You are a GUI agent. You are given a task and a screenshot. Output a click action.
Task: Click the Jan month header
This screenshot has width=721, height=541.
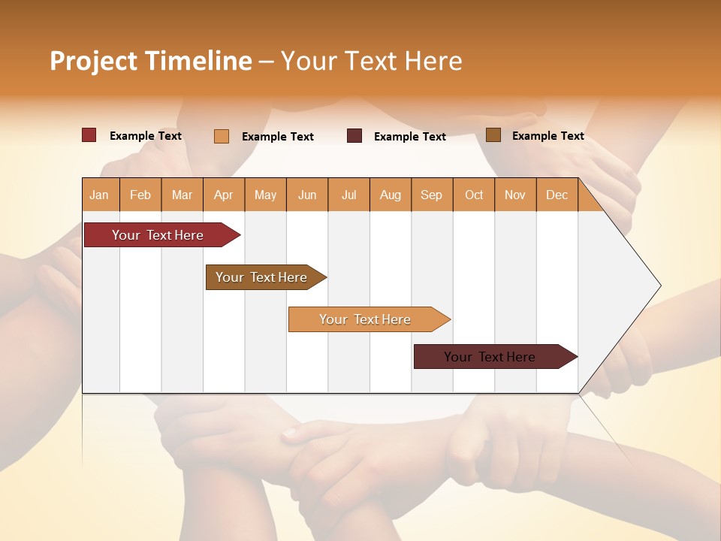click(x=99, y=195)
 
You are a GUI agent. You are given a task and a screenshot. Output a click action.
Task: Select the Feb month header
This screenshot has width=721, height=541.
click(x=140, y=195)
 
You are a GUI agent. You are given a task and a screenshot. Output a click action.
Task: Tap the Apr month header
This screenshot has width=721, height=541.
click(x=223, y=195)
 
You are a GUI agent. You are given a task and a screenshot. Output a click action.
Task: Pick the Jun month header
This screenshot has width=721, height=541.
click(x=307, y=195)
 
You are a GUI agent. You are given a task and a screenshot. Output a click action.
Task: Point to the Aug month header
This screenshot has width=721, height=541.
click(x=390, y=195)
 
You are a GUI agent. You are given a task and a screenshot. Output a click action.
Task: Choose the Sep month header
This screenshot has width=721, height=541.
click(x=431, y=195)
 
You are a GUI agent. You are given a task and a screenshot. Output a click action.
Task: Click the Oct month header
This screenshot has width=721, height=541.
click(x=474, y=195)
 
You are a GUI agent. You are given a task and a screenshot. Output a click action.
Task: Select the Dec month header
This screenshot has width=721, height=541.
click(x=557, y=195)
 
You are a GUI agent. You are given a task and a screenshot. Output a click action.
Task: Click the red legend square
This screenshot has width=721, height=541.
click(x=89, y=135)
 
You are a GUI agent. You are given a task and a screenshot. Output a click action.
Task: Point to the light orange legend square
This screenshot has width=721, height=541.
click(x=222, y=136)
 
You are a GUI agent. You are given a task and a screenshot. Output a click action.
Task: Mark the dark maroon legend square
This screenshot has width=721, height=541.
click(x=354, y=135)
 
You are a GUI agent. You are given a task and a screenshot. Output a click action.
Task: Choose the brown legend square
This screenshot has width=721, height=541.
click(x=493, y=135)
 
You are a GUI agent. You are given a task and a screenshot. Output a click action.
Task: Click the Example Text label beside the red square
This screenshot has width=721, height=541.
click(x=146, y=136)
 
